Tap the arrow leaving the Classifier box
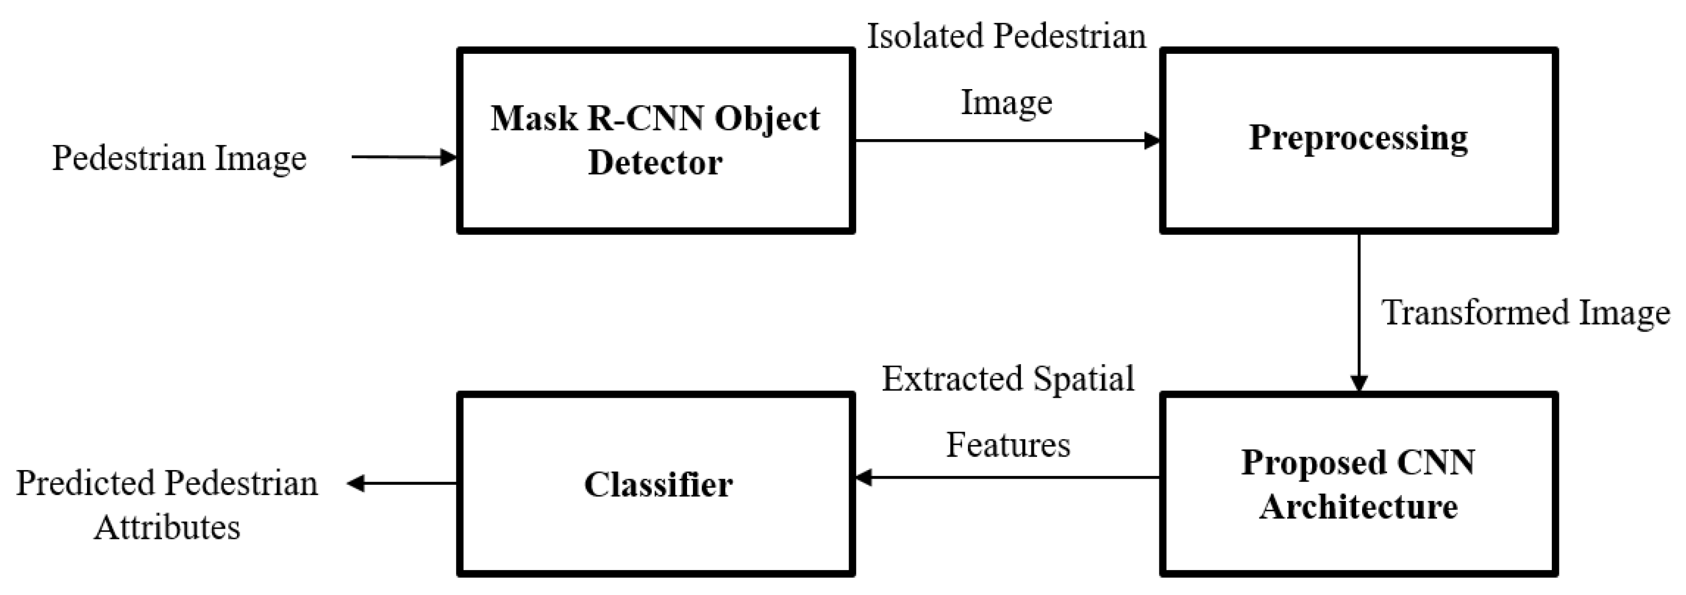tap(401, 484)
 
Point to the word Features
tap(1008, 446)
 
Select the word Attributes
tap(167, 528)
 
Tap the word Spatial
tap(1084, 379)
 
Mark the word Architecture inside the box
tap(1359, 506)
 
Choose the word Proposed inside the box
tap(1314, 463)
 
